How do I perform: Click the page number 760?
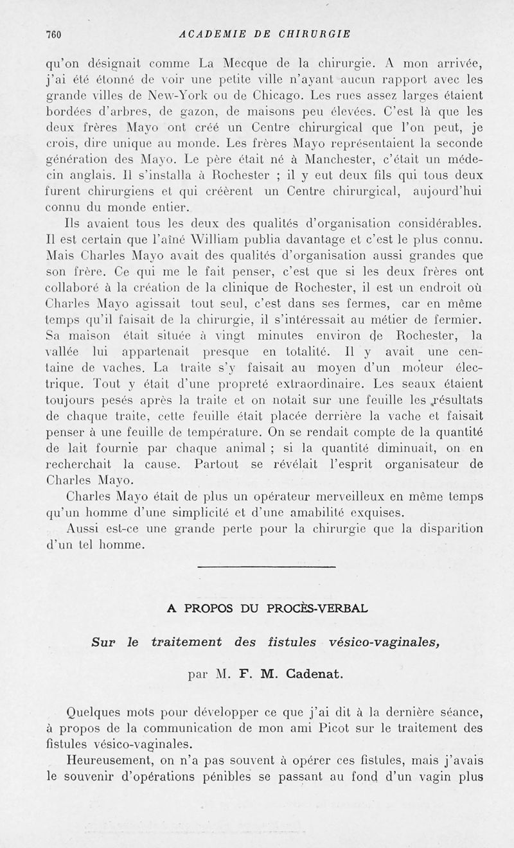click(x=51, y=34)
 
